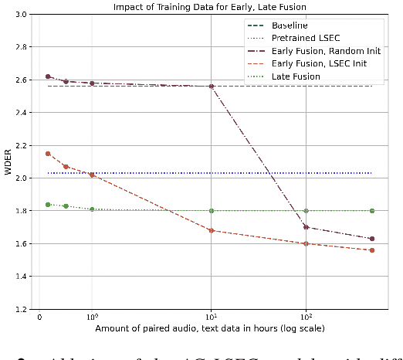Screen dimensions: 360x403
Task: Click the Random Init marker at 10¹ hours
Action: coord(211,86)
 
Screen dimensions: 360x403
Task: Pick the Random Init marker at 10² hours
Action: coord(306,227)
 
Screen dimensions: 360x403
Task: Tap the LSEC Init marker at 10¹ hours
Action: coord(211,230)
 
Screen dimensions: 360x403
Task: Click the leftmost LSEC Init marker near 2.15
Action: coord(48,154)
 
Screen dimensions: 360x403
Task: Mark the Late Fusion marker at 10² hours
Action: coord(306,211)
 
